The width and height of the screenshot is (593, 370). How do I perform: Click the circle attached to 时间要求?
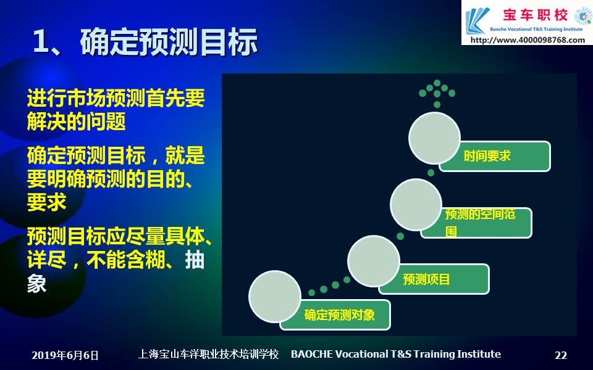point(434,138)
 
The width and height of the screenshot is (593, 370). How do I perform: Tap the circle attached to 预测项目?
point(374,261)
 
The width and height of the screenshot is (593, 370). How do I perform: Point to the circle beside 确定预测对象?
point(275,297)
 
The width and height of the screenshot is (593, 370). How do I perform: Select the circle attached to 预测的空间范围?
point(416,205)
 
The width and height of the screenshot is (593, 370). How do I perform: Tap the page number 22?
point(561,355)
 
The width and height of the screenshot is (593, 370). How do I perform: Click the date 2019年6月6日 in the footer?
point(65,355)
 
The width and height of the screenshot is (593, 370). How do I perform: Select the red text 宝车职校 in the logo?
point(535,15)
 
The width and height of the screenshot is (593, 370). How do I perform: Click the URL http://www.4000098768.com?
point(527,39)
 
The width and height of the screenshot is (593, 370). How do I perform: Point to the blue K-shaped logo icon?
point(476,21)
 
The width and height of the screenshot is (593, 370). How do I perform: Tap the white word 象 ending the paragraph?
point(36,283)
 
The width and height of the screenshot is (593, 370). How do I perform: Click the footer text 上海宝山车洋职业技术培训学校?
point(208,354)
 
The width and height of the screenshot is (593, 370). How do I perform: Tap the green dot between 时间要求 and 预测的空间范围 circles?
point(431,173)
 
